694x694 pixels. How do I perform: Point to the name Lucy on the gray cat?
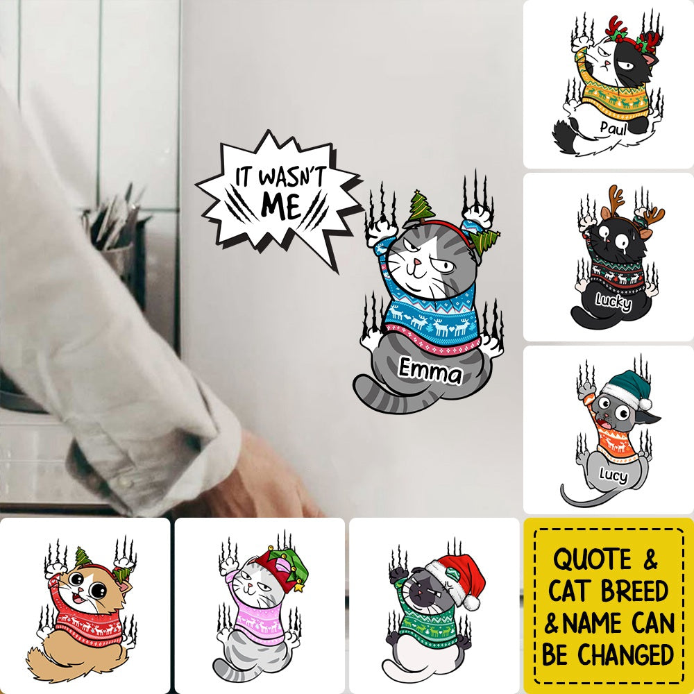(x=611, y=476)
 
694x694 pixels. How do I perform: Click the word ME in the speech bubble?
(x=280, y=205)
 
